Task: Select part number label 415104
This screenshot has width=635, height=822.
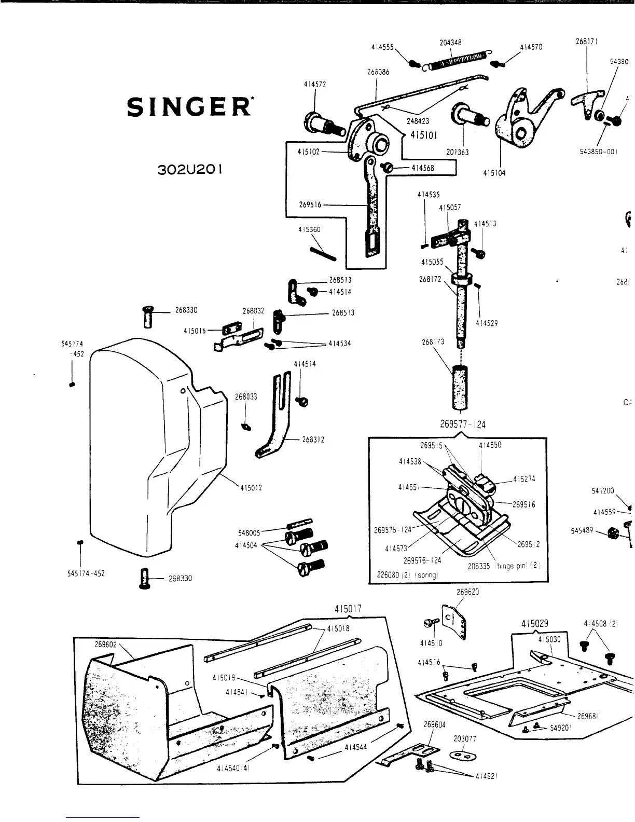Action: click(494, 173)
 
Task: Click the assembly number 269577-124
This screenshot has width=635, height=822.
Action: click(463, 424)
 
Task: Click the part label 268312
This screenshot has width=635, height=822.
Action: click(313, 440)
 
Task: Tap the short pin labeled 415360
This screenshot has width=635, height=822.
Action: click(323, 252)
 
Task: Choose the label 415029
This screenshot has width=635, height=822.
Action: click(534, 623)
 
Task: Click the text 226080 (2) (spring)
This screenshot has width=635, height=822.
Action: click(408, 575)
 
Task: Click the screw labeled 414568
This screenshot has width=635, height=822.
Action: click(387, 168)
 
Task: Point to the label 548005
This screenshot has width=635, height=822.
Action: click(250, 532)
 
